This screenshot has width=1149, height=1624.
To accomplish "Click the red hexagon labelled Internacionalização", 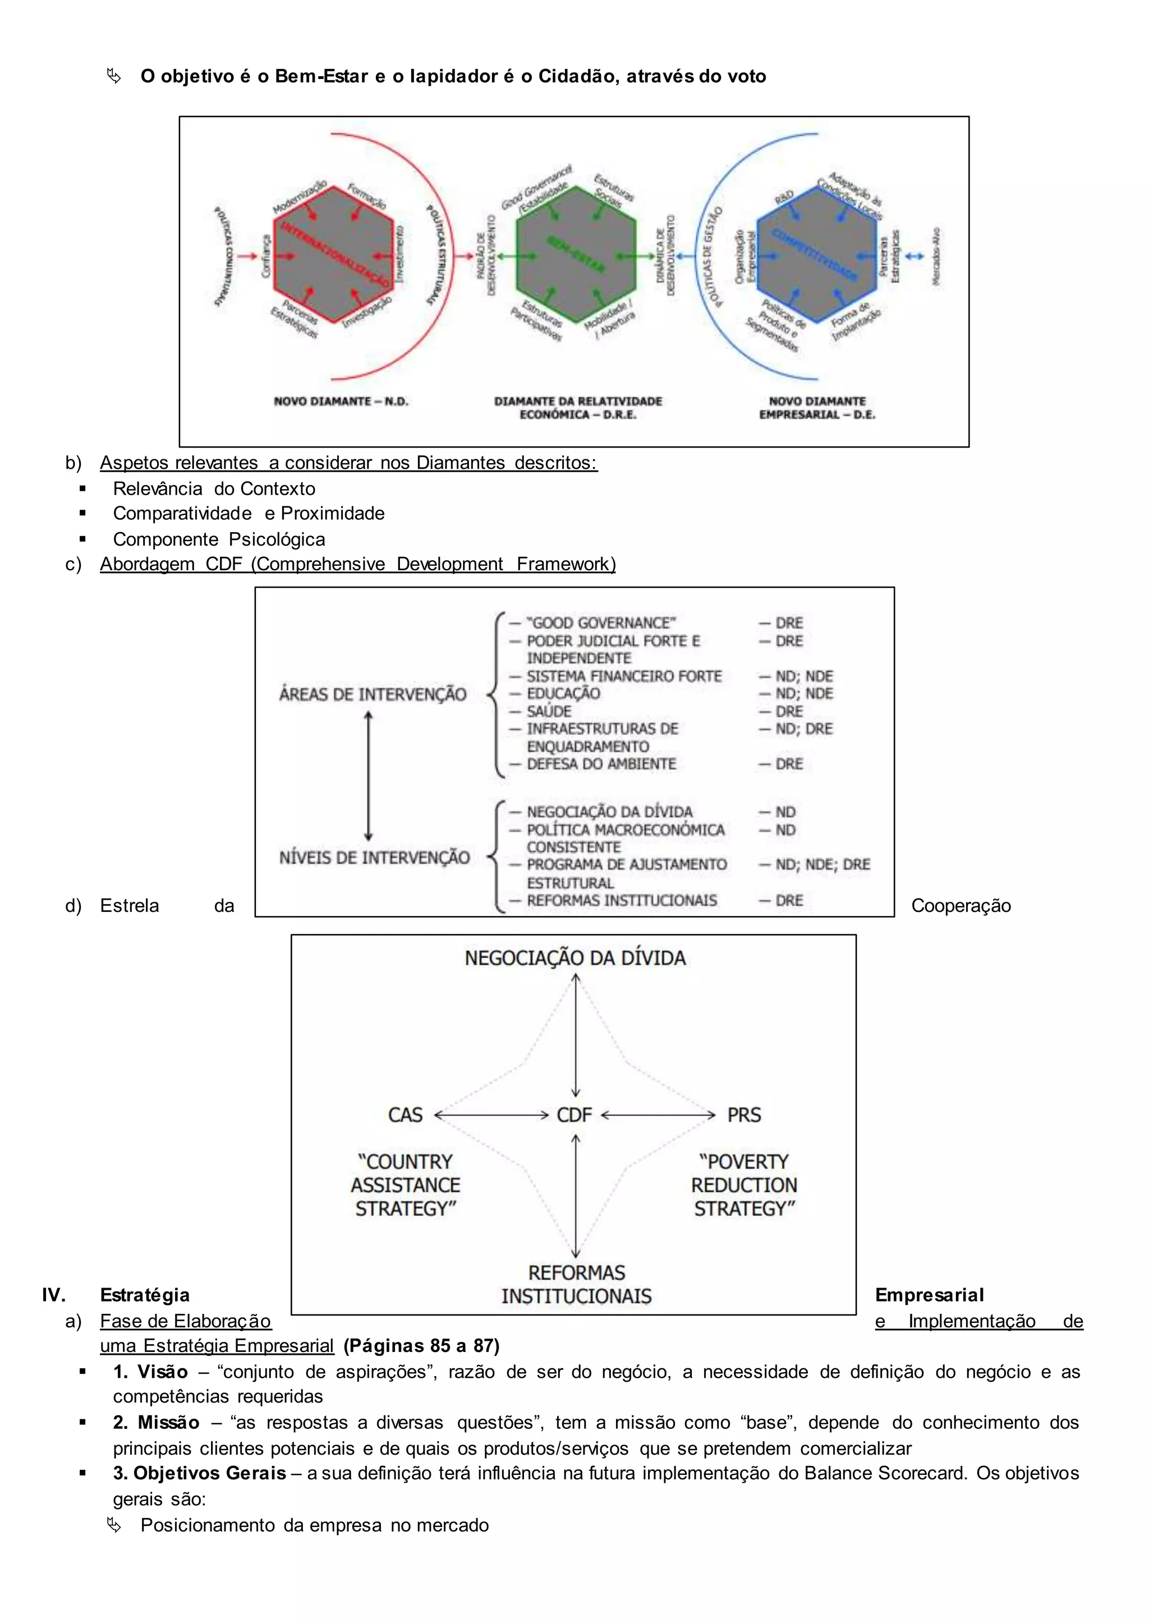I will (333, 256).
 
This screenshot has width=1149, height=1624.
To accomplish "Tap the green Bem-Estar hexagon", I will (576, 256).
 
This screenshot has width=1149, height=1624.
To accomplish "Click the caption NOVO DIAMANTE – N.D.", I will (341, 401).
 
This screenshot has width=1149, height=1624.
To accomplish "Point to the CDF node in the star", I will (574, 1115).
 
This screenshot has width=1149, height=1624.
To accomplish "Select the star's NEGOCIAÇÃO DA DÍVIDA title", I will (574, 958).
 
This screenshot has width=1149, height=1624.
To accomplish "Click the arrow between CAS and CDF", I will (491, 1115).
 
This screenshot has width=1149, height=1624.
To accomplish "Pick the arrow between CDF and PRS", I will (658, 1115).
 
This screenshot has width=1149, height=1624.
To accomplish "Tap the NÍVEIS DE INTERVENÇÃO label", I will (374, 858).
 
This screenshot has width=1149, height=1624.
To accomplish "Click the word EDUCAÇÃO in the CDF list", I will (563, 694).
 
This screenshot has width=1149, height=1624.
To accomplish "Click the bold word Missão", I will (168, 1423).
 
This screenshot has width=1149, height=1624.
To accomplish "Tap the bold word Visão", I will (163, 1372).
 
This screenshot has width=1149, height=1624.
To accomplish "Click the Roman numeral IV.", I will (54, 1295).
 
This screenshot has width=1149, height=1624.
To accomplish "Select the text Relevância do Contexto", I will (214, 489).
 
